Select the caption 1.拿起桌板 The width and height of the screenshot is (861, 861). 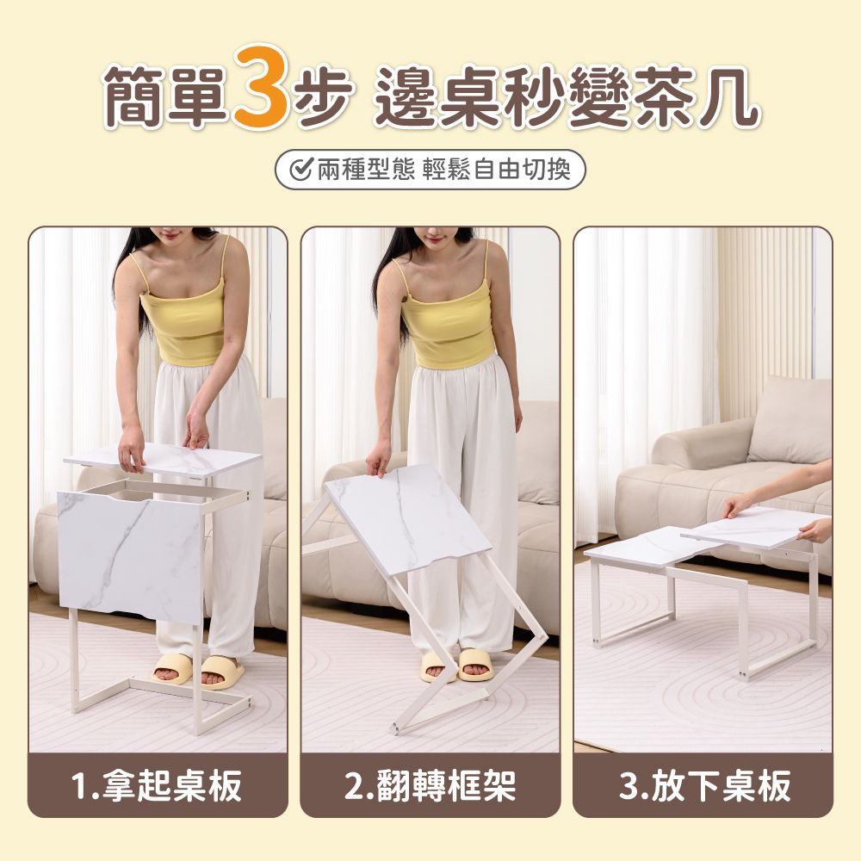158,786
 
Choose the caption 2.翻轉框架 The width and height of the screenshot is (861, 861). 430,786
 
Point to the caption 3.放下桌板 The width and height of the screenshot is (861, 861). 703,786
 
